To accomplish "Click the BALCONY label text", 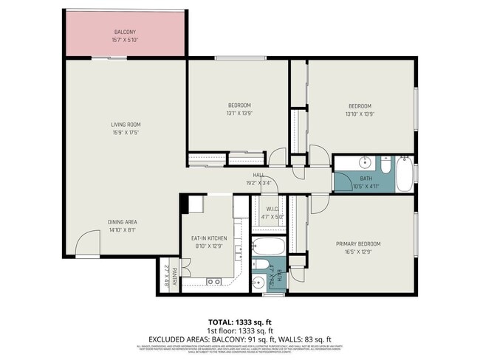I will [124, 32].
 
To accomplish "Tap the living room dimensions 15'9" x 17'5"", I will [126, 133].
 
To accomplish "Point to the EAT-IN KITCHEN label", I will [209, 238].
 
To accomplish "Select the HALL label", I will [258, 175].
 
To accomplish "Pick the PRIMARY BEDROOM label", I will [358, 243].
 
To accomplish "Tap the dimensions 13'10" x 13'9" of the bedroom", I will [359, 113].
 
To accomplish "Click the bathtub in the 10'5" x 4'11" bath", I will [404, 173].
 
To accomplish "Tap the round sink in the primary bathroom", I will [258, 281].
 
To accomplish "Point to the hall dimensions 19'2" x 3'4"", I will [258, 182].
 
